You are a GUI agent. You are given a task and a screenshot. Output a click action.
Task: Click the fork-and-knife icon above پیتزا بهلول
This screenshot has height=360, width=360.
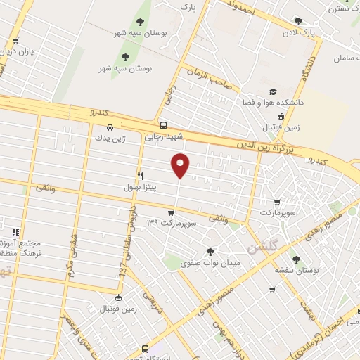tap(140, 175)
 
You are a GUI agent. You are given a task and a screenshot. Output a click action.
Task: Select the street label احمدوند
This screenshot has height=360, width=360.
tap(240, 8)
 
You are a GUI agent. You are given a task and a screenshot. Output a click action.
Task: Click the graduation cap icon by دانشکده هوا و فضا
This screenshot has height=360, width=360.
tap(273, 91)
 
